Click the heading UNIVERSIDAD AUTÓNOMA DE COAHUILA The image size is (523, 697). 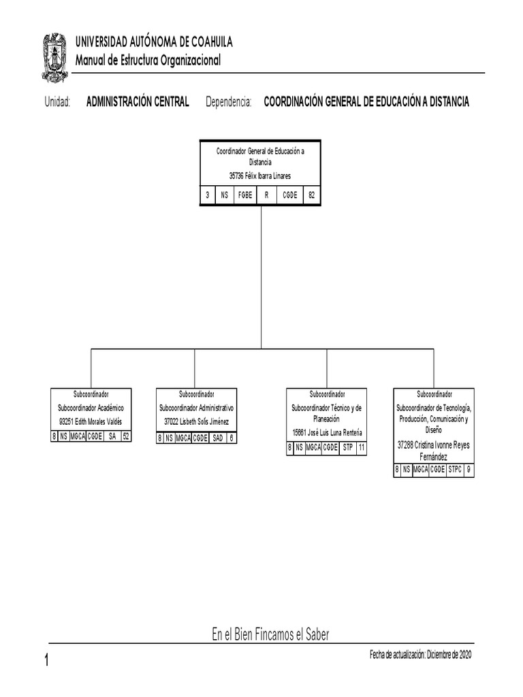click(154, 42)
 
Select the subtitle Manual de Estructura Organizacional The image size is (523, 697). click(148, 61)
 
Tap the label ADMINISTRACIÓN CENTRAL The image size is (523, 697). click(138, 102)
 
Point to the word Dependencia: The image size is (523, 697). click(229, 102)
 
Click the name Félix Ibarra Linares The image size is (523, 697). click(267, 176)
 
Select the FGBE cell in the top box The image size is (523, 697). click(245, 195)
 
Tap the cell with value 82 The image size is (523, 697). click(311, 195)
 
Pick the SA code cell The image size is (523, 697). click(112, 437)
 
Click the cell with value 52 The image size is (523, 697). click(126, 437)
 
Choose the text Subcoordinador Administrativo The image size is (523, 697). click(197, 408)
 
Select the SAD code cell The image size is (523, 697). click(217, 438)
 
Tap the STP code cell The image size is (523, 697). click(348, 447)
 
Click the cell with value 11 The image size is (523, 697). click(362, 447)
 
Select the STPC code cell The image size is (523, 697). click(455, 469)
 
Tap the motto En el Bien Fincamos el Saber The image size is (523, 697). click(270, 635)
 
